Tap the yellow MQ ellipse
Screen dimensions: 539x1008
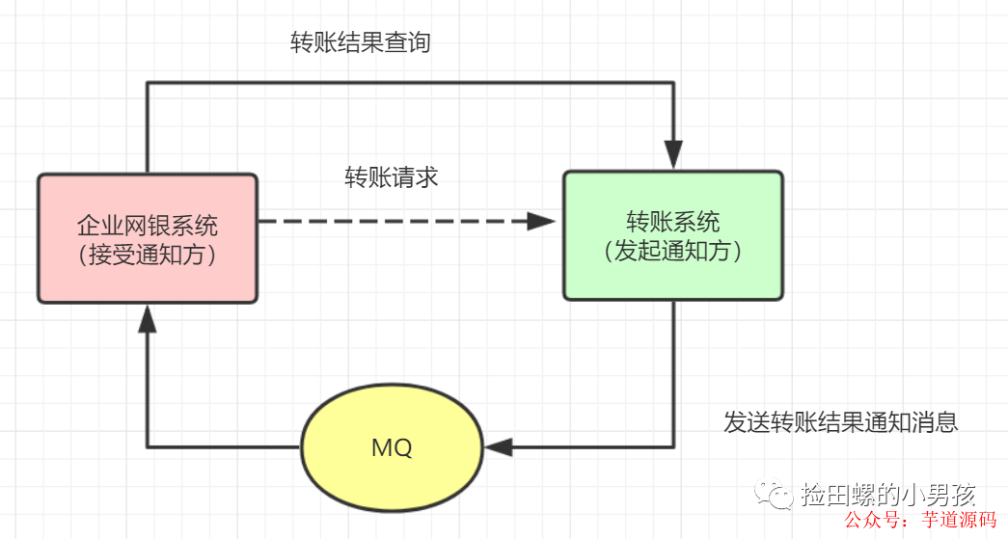pos(391,447)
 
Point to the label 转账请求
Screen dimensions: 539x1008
pos(392,177)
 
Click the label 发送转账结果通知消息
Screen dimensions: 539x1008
pos(840,422)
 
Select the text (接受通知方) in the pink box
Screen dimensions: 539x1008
pos(148,256)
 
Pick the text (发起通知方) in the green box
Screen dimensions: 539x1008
pos(673,251)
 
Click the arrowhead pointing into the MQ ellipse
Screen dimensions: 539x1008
pos(499,447)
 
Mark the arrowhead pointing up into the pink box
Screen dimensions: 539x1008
pos(148,321)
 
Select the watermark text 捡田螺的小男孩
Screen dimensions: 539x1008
pos(887,495)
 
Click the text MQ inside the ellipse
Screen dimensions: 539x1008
pos(391,447)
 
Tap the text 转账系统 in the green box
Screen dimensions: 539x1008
pos(673,222)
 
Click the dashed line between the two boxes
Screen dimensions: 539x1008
pos(386,222)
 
